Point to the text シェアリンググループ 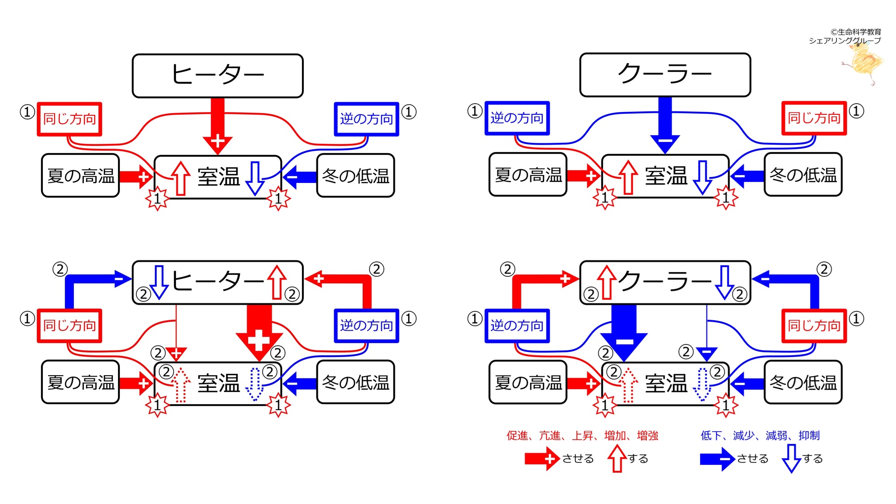(845, 41)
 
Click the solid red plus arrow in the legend (541, 459)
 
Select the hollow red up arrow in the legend (617, 458)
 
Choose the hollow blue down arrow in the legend (791, 458)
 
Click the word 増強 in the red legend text (648, 435)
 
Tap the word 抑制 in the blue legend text (809, 435)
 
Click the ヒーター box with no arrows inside (217, 76)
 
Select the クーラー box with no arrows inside (665, 75)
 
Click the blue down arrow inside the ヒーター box (159, 282)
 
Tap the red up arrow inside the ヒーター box (277, 282)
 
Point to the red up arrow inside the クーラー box (607, 282)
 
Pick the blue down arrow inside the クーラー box (725, 282)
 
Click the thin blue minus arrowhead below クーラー (707, 353)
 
